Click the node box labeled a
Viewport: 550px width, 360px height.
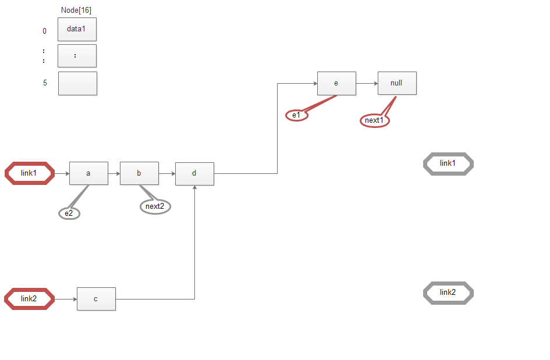(x=88, y=173)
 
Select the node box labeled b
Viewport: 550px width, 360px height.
(x=139, y=173)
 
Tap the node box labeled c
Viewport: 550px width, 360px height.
(x=96, y=299)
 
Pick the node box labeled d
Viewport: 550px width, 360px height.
(x=194, y=174)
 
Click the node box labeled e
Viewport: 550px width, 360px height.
(x=337, y=83)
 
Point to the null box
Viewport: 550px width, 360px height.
(x=397, y=83)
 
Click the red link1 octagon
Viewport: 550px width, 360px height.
(x=30, y=173)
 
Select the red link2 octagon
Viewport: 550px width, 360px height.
(x=30, y=299)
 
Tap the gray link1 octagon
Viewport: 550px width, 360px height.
(x=448, y=163)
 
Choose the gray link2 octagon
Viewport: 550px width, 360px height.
(x=448, y=293)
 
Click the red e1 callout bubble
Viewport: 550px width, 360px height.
(x=297, y=115)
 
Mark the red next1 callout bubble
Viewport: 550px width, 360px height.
(x=375, y=120)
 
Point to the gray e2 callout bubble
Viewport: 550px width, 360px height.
(x=69, y=213)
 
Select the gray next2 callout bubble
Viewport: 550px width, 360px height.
(x=155, y=206)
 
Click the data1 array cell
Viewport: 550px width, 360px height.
(x=77, y=30)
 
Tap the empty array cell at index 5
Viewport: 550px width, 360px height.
(x=77, y=83)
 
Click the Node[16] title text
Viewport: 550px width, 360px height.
(x=76, y=10)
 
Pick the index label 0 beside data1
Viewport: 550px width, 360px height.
(x=45, y=31)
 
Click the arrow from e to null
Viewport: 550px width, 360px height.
(x=367, y=83)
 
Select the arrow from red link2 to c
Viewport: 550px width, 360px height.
(x=66, y=299)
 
